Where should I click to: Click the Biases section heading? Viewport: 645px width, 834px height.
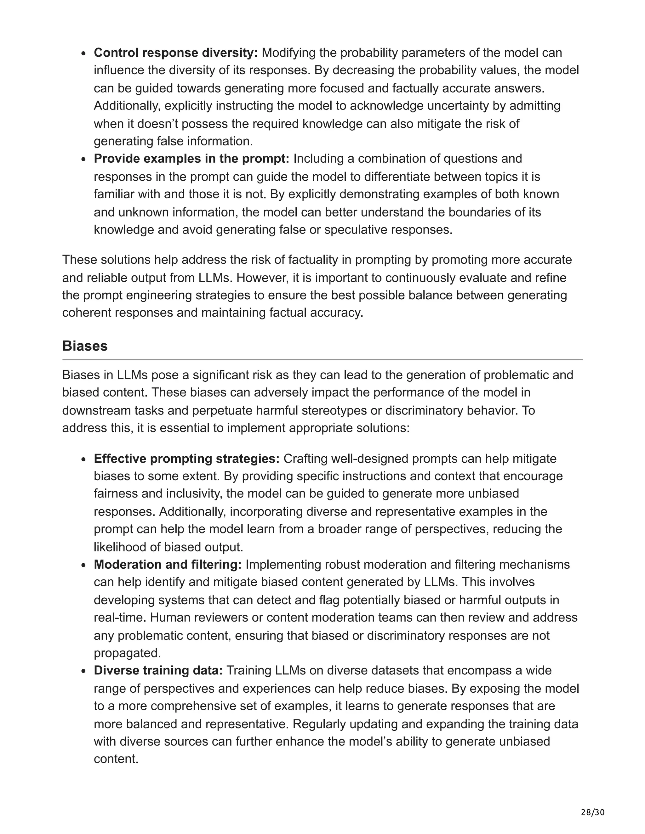pos(85,346)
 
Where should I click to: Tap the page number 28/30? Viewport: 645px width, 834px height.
pos(593,809)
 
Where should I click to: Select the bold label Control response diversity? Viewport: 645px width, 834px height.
pos(176,53)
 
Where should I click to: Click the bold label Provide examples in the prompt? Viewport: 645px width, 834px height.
pos(191,159)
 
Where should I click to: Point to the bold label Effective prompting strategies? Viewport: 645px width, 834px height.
pos(186,458)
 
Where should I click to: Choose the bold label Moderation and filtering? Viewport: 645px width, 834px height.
pos(167,564)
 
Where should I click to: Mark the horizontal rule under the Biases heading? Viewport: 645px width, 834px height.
pos(322,360)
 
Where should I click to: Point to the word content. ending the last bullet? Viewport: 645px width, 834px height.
pos(116,759)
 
